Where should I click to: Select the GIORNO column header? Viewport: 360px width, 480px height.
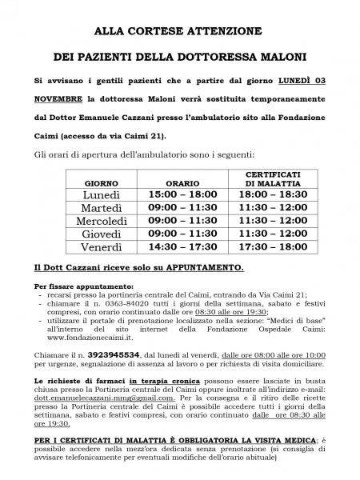pyautogui.click(x=101, y=183)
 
